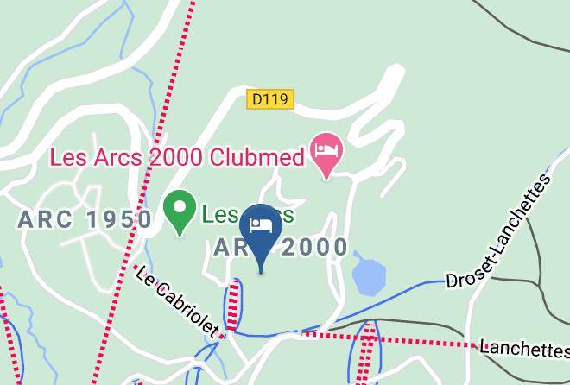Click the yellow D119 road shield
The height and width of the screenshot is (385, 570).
coord(269,100)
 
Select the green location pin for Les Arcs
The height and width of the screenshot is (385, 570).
coord(179,210)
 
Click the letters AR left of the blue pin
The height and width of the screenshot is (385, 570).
coord(226,248)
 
